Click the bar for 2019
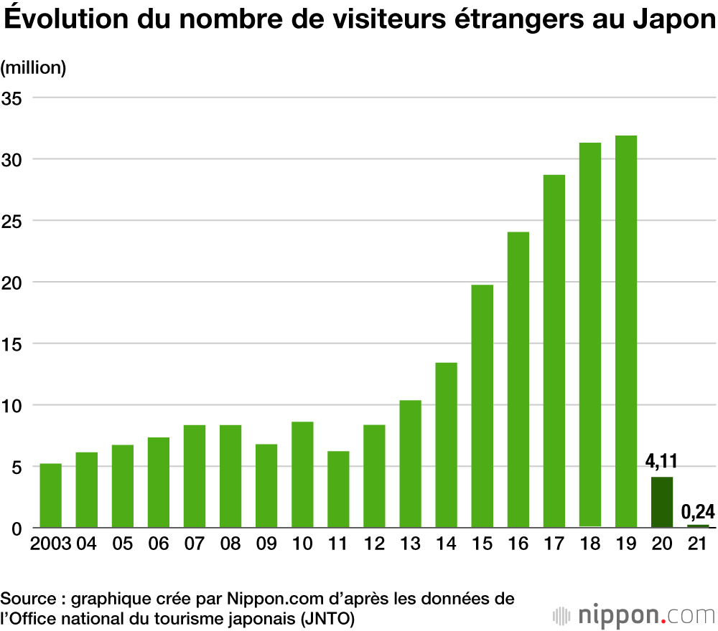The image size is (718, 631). pos(625,332)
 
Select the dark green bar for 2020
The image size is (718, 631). pos(661,503)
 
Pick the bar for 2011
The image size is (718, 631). pos(338,490)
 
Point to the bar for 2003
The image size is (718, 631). pos(51,496)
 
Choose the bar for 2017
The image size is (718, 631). pos(554,351)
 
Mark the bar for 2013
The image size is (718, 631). pos(410,464)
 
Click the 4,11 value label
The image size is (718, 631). pos(661,460)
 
